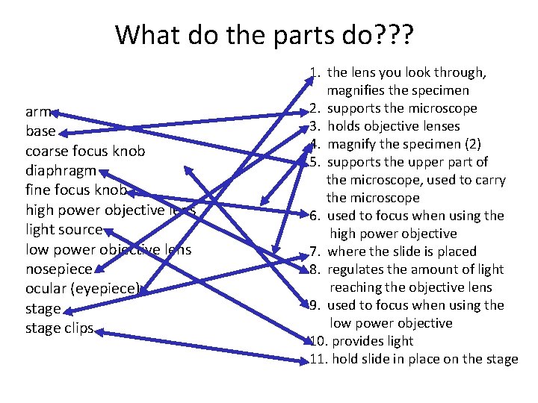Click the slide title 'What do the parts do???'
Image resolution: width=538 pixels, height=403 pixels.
pos(265,34)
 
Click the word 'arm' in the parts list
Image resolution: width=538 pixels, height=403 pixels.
pos(37,113)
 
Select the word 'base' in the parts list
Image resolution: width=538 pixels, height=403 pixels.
pos(40,131)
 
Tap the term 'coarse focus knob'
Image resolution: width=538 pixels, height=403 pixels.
pos(85,151)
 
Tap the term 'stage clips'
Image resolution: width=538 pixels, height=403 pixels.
pos(59,328)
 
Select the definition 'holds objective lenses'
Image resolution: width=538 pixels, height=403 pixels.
pos(394,126)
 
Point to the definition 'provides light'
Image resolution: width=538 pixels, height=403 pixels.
pos(372,341)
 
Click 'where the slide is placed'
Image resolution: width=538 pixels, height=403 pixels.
pos(402,252)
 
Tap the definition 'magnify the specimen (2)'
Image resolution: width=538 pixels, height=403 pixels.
pos(403,144)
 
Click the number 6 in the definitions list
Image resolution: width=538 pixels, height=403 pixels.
pos(315,216)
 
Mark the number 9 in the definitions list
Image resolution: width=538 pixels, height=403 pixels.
pos(315,305)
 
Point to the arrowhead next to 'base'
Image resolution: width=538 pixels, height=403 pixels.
pos(64,133)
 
